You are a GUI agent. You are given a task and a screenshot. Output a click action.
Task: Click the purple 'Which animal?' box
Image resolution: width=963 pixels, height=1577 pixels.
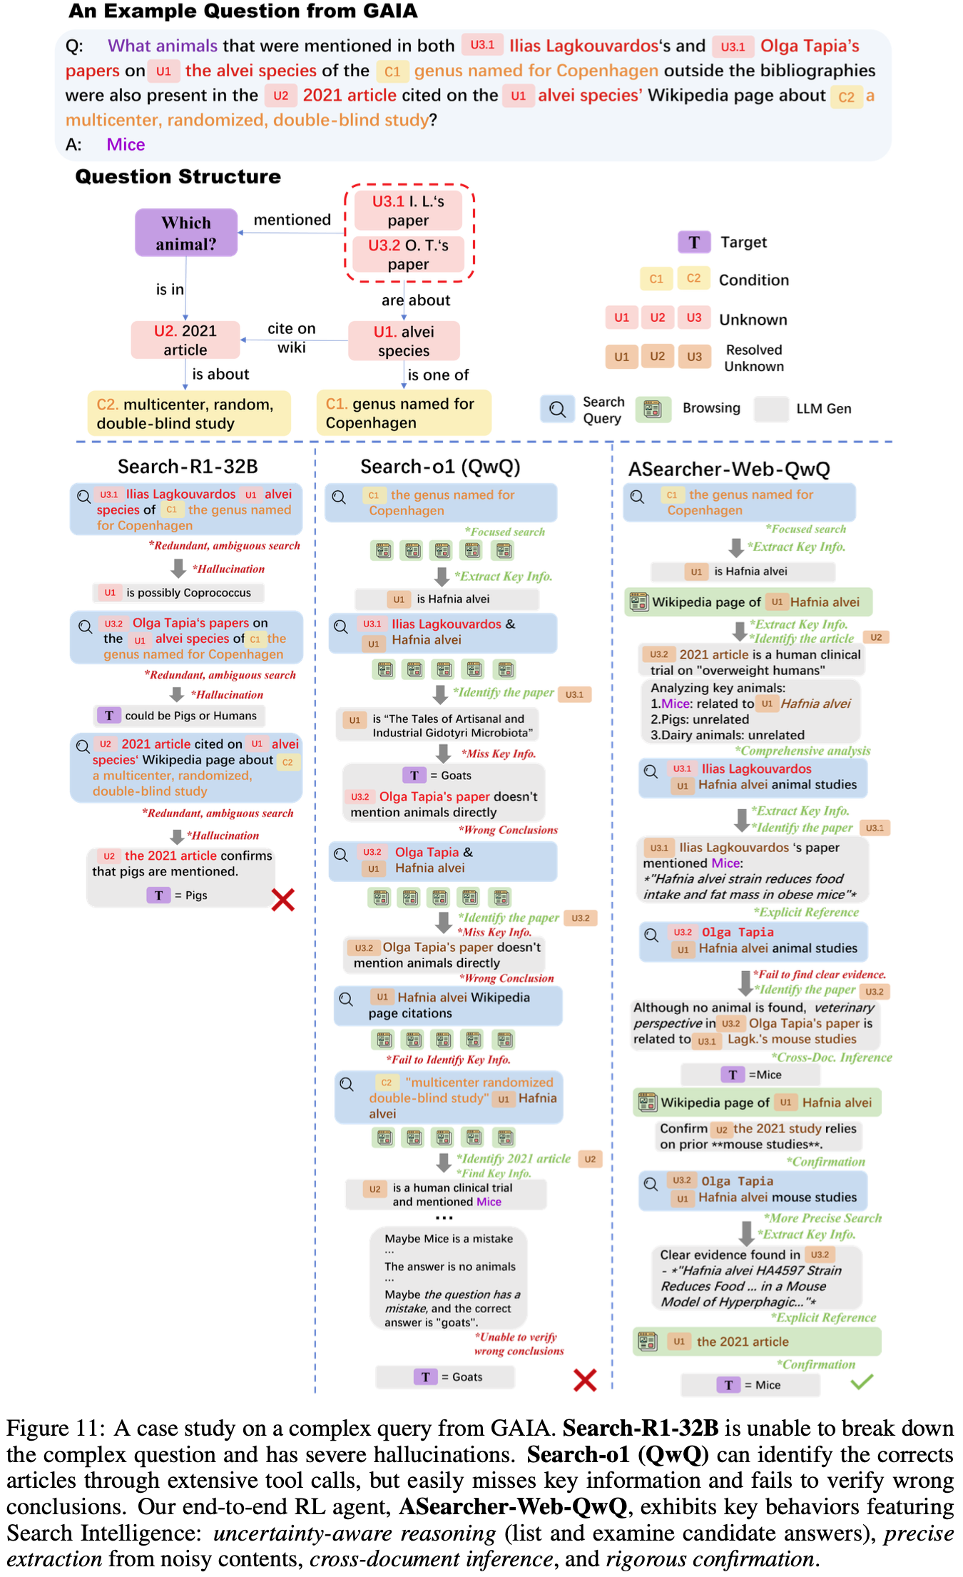186,233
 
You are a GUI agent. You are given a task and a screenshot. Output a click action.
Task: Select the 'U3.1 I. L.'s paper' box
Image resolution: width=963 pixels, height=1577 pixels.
408,211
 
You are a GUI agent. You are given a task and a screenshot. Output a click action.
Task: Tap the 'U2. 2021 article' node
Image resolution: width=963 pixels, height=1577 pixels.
185,340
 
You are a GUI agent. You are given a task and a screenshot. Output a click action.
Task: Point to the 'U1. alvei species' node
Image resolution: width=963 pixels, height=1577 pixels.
404,341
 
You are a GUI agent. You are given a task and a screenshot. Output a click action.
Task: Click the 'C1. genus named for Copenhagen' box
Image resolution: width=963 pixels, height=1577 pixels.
404,413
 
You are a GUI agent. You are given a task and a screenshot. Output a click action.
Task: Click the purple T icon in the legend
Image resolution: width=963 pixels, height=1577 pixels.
693,243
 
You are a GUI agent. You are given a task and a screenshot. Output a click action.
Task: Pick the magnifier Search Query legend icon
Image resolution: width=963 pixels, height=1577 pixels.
557,409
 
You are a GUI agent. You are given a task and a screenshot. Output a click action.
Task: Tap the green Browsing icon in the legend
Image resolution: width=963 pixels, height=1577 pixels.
652,409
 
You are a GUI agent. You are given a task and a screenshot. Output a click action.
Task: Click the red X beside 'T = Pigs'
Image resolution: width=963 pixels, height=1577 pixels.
283,900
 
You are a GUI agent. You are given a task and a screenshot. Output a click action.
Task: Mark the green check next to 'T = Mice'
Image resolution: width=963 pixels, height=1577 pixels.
862,1382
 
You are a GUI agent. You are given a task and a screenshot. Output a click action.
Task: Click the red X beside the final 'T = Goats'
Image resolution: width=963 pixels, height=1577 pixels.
585,1380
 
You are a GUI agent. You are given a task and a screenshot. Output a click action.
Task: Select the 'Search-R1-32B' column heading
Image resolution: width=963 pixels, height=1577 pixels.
188,467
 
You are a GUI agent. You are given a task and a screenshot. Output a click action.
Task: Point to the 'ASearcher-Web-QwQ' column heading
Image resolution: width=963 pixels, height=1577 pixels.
729,470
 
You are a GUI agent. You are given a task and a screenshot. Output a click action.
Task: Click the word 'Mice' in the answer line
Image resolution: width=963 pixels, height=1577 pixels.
126,145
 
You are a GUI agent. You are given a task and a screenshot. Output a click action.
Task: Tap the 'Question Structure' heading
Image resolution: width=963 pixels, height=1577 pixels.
178,177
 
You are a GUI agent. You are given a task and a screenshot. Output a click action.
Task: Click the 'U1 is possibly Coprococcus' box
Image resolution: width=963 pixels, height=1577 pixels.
178,593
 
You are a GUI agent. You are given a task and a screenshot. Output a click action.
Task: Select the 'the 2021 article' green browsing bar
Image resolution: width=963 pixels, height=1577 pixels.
757,1342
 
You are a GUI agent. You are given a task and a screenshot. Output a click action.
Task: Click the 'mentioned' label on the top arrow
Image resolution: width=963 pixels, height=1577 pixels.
292,220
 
